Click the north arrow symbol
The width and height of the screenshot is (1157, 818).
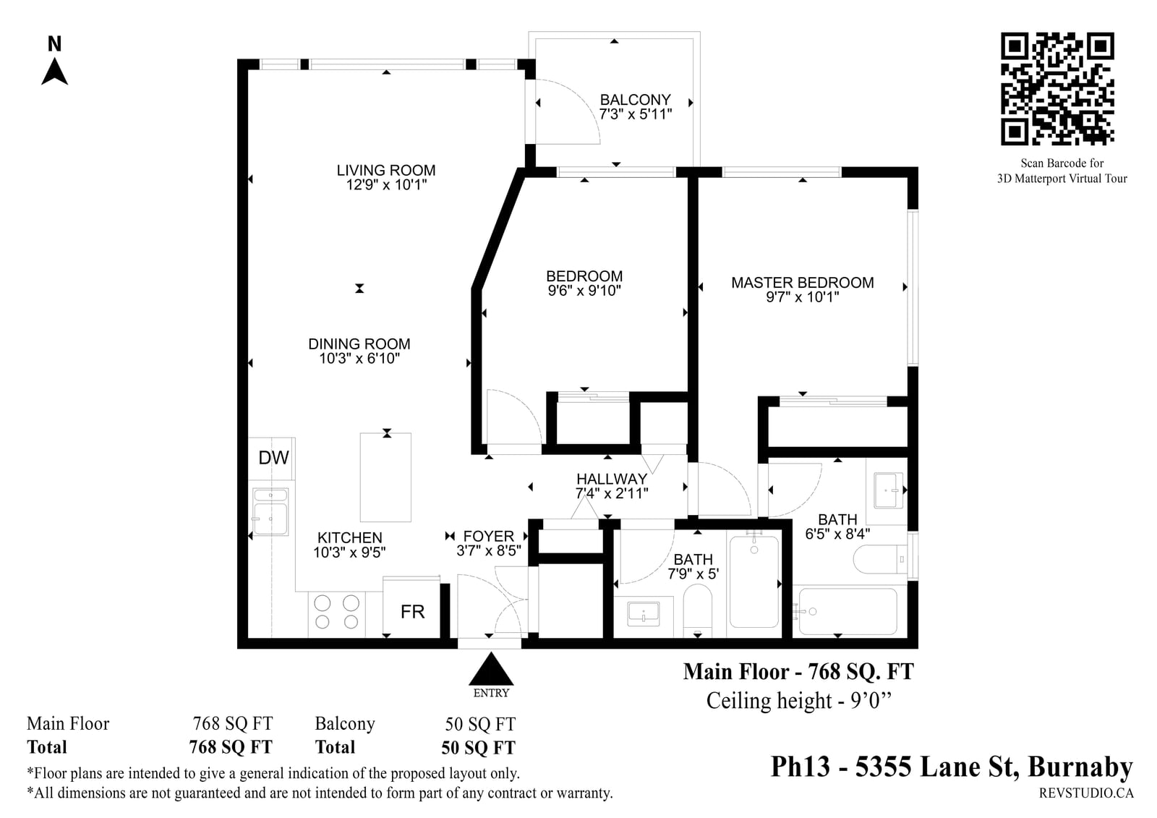[x=54, y=72]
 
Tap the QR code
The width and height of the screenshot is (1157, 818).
[x=1057, y=89]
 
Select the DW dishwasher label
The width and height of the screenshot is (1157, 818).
[x=273, y=457]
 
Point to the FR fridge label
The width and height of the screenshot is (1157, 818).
[x=412, y=612]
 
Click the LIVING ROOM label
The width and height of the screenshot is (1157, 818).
[x=386, y=170]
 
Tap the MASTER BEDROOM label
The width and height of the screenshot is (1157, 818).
[x=802, y=282]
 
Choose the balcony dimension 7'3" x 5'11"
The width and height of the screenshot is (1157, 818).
[x=636, y=114]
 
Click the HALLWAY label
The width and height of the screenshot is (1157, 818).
[x=612, y=479]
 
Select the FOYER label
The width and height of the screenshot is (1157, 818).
[x=489, y=536]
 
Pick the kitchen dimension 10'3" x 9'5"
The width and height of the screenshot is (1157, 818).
[x=350, y=553]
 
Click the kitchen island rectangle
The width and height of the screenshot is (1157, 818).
[x=385, y=477]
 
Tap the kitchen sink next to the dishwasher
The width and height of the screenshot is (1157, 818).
[x=270, y=511]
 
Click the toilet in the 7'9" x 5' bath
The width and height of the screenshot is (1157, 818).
[x=697, y=610]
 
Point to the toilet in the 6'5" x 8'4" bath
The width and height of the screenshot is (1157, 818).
[x=880, y=559]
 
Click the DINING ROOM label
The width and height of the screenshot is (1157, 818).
[x=359, y=344]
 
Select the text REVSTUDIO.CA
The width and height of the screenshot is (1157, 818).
[x=1086, y=793]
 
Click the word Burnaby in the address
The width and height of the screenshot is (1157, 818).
[x=1080, y=767]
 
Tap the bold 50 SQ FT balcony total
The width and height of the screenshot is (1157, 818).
[x=478, y=748]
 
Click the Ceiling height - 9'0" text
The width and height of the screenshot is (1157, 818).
[x=799, y=702]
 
